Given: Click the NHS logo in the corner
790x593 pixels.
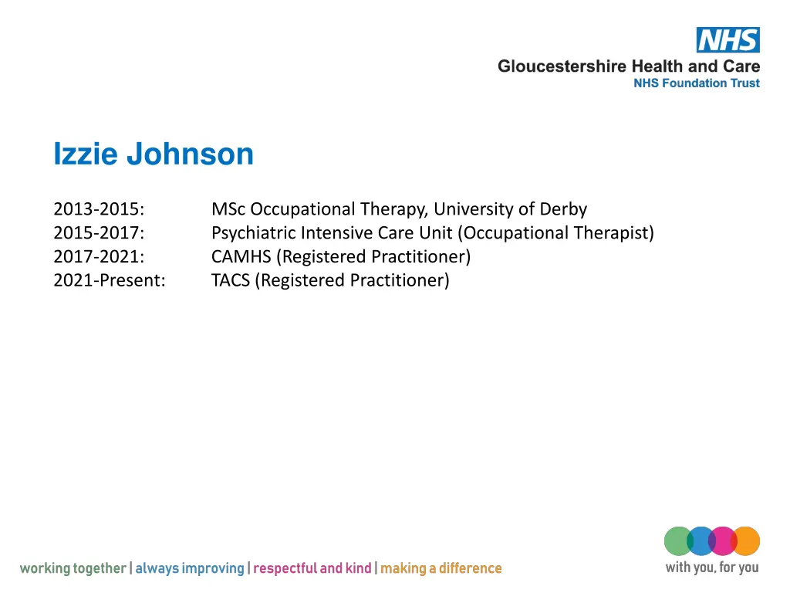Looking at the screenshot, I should tap(728, 40).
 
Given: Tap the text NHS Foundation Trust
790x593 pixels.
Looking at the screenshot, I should tap(696, 83).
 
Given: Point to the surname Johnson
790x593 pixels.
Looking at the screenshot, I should tap(190, 154).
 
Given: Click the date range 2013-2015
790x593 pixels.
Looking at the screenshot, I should tap(99, 209).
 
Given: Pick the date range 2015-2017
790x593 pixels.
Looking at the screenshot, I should tap(99, 233).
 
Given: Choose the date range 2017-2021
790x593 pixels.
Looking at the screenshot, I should tap(99, 256).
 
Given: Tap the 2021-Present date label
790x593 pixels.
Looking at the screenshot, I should tap(109, 280).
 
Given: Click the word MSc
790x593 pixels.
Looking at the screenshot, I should tap(228, 209).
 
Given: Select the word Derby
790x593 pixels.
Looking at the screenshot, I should tap(563, 209).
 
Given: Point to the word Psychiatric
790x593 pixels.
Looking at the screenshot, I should tap(253, 233).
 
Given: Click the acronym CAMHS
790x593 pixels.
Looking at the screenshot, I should tap(241, 256).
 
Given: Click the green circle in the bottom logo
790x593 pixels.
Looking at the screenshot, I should tap(677, 540).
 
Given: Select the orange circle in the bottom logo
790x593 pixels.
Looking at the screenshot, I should tap(747, 540).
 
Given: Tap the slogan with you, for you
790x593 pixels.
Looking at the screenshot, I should tap(711, 568).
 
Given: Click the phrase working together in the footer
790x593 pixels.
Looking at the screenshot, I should tap(73, 569).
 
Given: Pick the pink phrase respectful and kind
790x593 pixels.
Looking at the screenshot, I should tap(312, 569).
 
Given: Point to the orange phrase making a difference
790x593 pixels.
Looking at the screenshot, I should tap(441, 569).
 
